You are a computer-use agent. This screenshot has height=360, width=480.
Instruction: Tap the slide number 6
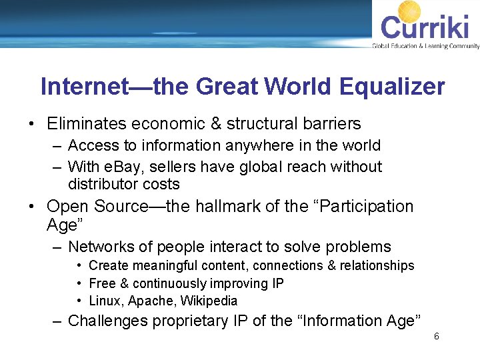436,337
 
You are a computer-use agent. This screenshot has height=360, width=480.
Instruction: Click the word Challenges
108,321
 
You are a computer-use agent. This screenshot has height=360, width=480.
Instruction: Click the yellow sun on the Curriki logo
410,12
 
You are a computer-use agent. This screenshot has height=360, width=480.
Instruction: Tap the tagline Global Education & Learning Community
425,46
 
